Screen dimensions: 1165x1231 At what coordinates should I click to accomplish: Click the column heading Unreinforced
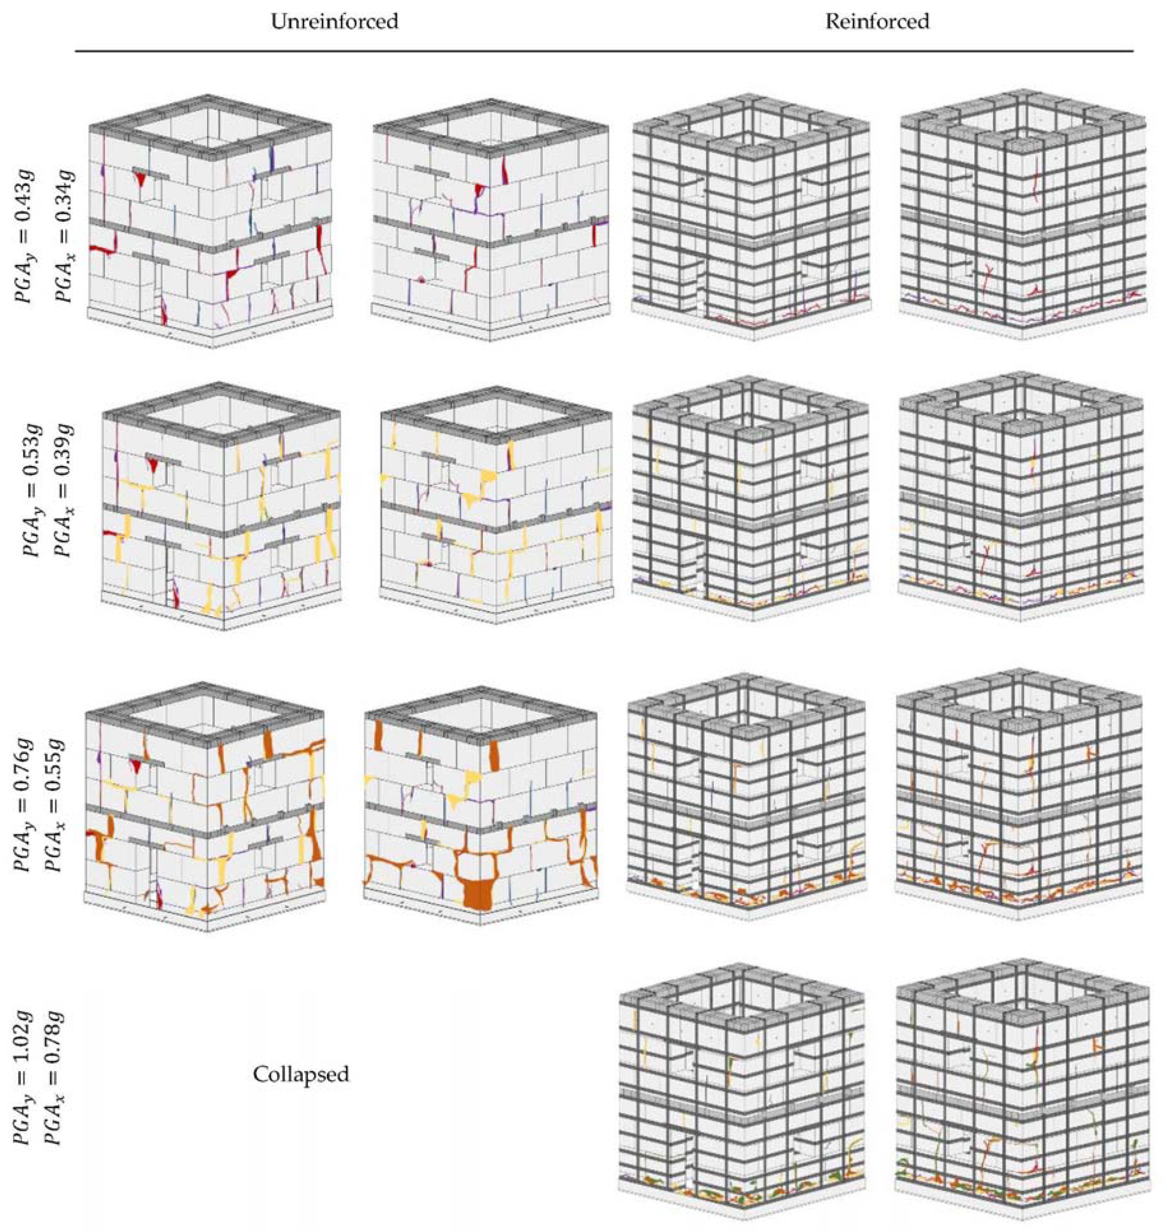coord(335,22)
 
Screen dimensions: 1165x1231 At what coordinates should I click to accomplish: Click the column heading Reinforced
coord(877,22)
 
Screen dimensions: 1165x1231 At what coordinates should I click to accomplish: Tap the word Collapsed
coord(301,1074)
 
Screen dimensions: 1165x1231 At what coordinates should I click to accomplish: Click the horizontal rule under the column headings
coord(604,50)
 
